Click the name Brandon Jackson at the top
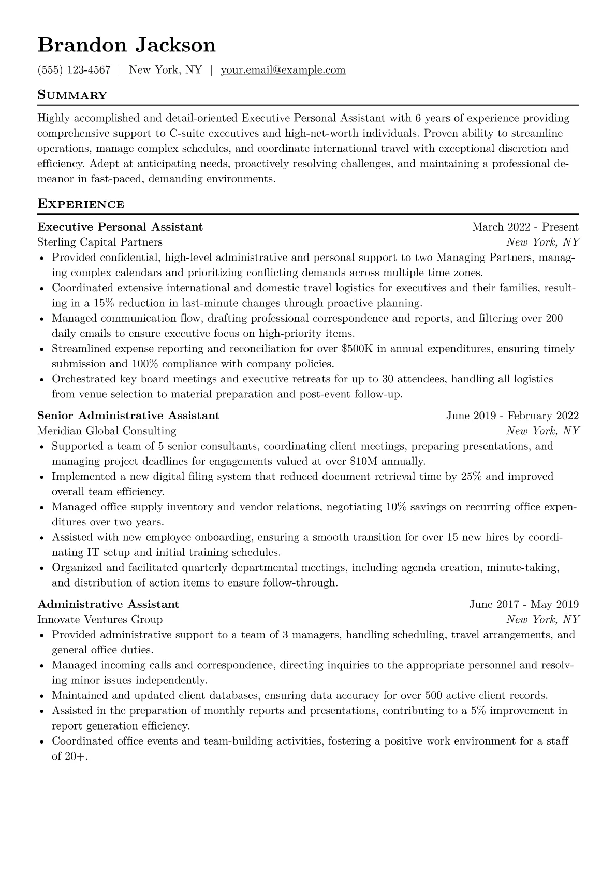click(x=126, y=46)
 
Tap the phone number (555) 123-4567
click(x=74, y=70)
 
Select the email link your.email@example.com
click(x=283, y=70)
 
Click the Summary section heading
click(x=72, y=95)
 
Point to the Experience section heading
click(x=81, y=204)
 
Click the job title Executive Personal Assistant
click(x=120, y=227)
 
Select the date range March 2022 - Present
click(x=525, y=227)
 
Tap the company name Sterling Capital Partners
click(x=100, y=242)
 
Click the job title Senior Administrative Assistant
click(x=128, y=416)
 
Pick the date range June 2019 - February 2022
click(x=512, y=416)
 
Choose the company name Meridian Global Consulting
click(x=107, y=431)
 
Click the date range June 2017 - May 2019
click(x=524, y=604)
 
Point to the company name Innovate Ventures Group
click(x=100, y=619)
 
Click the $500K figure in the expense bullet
click(x=357, y=349)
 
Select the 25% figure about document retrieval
click(x=471, y=476)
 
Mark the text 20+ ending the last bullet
click(x=76, y=756)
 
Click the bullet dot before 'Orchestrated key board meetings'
click(x=42, y=380)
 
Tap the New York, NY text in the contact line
click(x=165, y=70)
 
